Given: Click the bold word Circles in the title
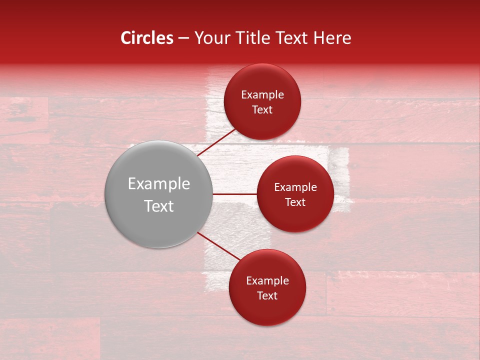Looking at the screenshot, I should (147, 38).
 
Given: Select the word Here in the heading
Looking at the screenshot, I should (332, 38).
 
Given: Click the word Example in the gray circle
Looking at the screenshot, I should (159, 184).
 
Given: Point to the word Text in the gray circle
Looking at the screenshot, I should (159, 206).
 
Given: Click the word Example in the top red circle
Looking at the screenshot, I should (262, 95).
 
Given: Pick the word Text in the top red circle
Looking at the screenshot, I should (262, 109).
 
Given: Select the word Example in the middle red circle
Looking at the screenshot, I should (295, 187).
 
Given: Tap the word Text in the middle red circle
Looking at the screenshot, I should (295, 202).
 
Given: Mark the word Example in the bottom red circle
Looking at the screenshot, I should (267, 281).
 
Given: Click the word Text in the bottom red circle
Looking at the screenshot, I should (267, 295).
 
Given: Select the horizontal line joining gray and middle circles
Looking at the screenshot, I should (235, 194).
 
